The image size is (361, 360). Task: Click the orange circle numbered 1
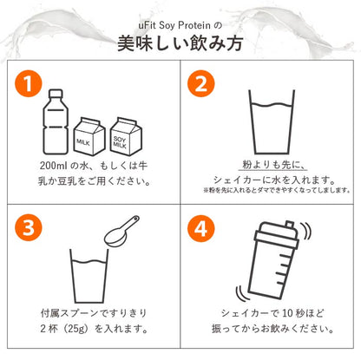click(x=29, y=83)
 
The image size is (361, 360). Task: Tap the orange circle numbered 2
click(x=201, y=83)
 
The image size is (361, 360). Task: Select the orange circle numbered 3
click(x=29, y=227)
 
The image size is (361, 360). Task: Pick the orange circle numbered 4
click(x=201, y=229)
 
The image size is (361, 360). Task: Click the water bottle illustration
click(x=56, y=121)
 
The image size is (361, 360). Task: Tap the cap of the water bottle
click(x=56, y=93)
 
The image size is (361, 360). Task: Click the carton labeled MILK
click(x=89, y=136)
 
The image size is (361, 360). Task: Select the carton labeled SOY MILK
click(x=126, y=136)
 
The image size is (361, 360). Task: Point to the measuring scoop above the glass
click(x=121, y=231)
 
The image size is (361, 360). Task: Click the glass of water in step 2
click(x=272, y=121)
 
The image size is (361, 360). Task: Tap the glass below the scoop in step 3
click(x=89, y=276)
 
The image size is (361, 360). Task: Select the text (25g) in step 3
click(x=75, y=329)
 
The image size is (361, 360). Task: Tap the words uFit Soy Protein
click(x=174, y=25)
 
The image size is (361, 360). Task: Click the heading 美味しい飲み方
click(x=180, y=43)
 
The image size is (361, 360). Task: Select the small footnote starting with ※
click(x=277, y=190)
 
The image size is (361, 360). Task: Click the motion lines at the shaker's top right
click(x=306, y=232)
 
